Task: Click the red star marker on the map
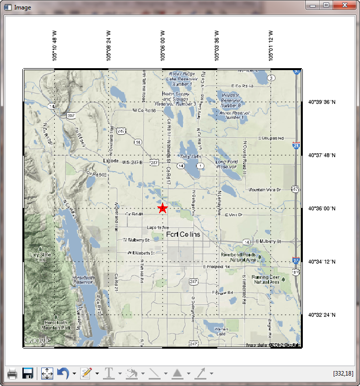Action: tap(163, 208)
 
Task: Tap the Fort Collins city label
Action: tap(183, 234)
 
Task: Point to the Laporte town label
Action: tap(110, 161)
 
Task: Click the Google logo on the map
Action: tap(38, 340)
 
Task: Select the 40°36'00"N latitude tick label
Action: tap(322, 209)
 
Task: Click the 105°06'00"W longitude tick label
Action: tap(163, 45)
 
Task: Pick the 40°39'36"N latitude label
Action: tap(322, 102)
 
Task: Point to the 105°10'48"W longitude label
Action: tap(55, 45)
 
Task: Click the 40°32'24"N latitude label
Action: tap(322, 315)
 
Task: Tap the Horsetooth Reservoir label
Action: tap(83, 280)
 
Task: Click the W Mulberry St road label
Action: tap(136, 240)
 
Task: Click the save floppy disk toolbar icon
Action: tap(28, 373)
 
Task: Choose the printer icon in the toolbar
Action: tap(13, 373)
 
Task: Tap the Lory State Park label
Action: tap(41, 257)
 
